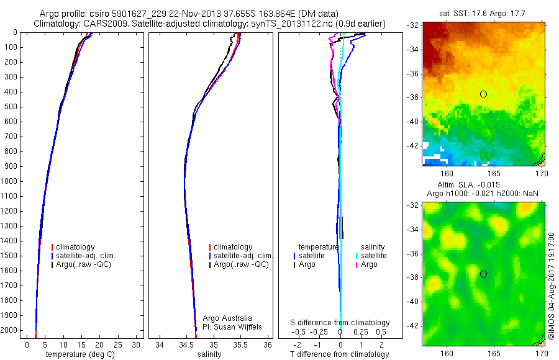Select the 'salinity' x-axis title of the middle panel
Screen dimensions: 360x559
point(209,354)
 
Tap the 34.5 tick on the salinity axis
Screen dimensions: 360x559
point(186,344)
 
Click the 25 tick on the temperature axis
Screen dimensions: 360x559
point(118,344)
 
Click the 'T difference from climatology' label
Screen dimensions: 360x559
point(339,354)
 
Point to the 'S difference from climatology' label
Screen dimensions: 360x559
point(340,323)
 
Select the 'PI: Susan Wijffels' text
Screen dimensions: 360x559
point(233,326)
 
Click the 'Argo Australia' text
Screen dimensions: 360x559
point(227,318)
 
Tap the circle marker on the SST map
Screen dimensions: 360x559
point(483,94)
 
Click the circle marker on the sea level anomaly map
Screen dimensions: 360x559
point(483,274)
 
